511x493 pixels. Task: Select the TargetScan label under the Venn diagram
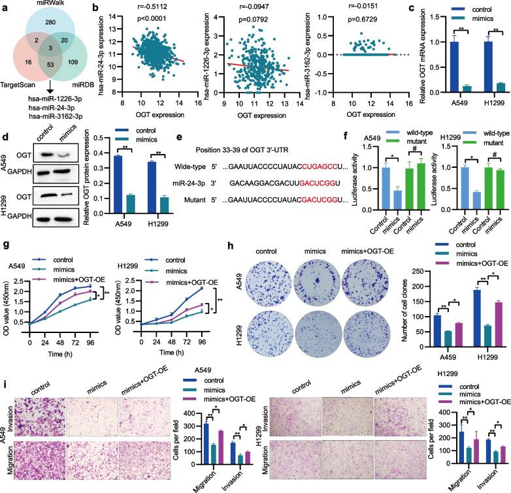pyautogui.click(x=24, y=103)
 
